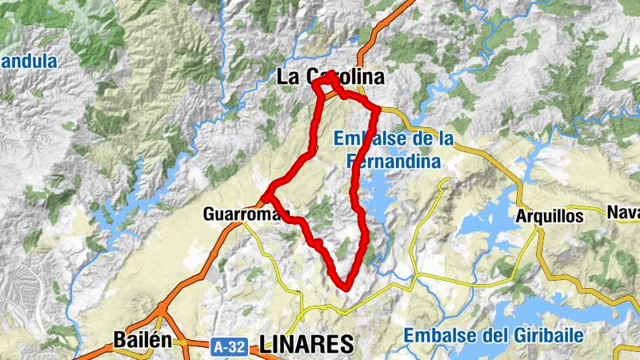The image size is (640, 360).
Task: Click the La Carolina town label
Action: pyautogui.click(x=330, y=78)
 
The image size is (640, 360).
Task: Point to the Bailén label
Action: pyautogui.click(x=142, y=339)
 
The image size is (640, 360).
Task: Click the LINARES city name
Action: pyautogui.click(x=306, y=344)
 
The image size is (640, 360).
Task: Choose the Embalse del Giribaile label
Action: pyautogui.click(x=493, y=335)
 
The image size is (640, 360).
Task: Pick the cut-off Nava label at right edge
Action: pyautogui.click(x=624, y=212)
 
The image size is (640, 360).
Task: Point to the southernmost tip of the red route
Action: pyautogui.click(x=345, y=287)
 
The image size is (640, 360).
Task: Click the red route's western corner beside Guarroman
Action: pyautogui.click(x=265, y=195)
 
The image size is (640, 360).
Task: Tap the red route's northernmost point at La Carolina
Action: pyautogui.click(x=330, y=74)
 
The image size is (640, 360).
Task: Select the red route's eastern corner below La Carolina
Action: pyautogui.click(x=376, y=109)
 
